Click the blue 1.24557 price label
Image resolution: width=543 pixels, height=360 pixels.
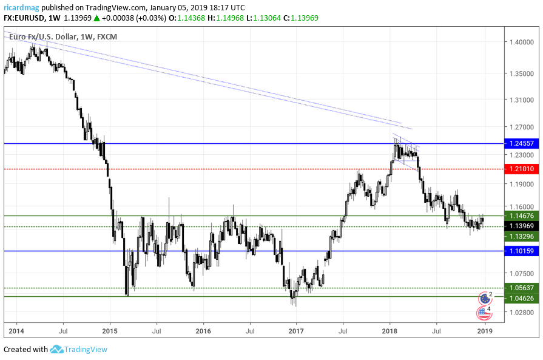[521, 144]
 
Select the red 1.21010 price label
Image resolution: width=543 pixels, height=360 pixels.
[521, 169]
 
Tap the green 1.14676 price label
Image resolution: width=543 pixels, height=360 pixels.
[521, 216]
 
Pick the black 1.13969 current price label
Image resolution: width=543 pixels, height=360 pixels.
[521, 226]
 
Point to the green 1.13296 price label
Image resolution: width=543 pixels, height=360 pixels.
[521, 236]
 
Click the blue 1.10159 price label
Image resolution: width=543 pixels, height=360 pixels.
[521, 251]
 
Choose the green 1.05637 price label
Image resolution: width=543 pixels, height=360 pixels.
[521, 288]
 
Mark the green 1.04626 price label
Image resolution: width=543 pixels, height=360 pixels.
[521, 298]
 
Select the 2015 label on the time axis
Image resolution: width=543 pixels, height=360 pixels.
[110, 331]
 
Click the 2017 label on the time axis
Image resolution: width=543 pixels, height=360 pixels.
[296, 331]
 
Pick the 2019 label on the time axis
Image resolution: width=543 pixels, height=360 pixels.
[484, 331]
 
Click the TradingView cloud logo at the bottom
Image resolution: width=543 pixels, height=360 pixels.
[57, 349]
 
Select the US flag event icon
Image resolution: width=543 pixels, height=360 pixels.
[484, 313]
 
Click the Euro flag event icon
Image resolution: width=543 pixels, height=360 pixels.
[485, 298]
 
